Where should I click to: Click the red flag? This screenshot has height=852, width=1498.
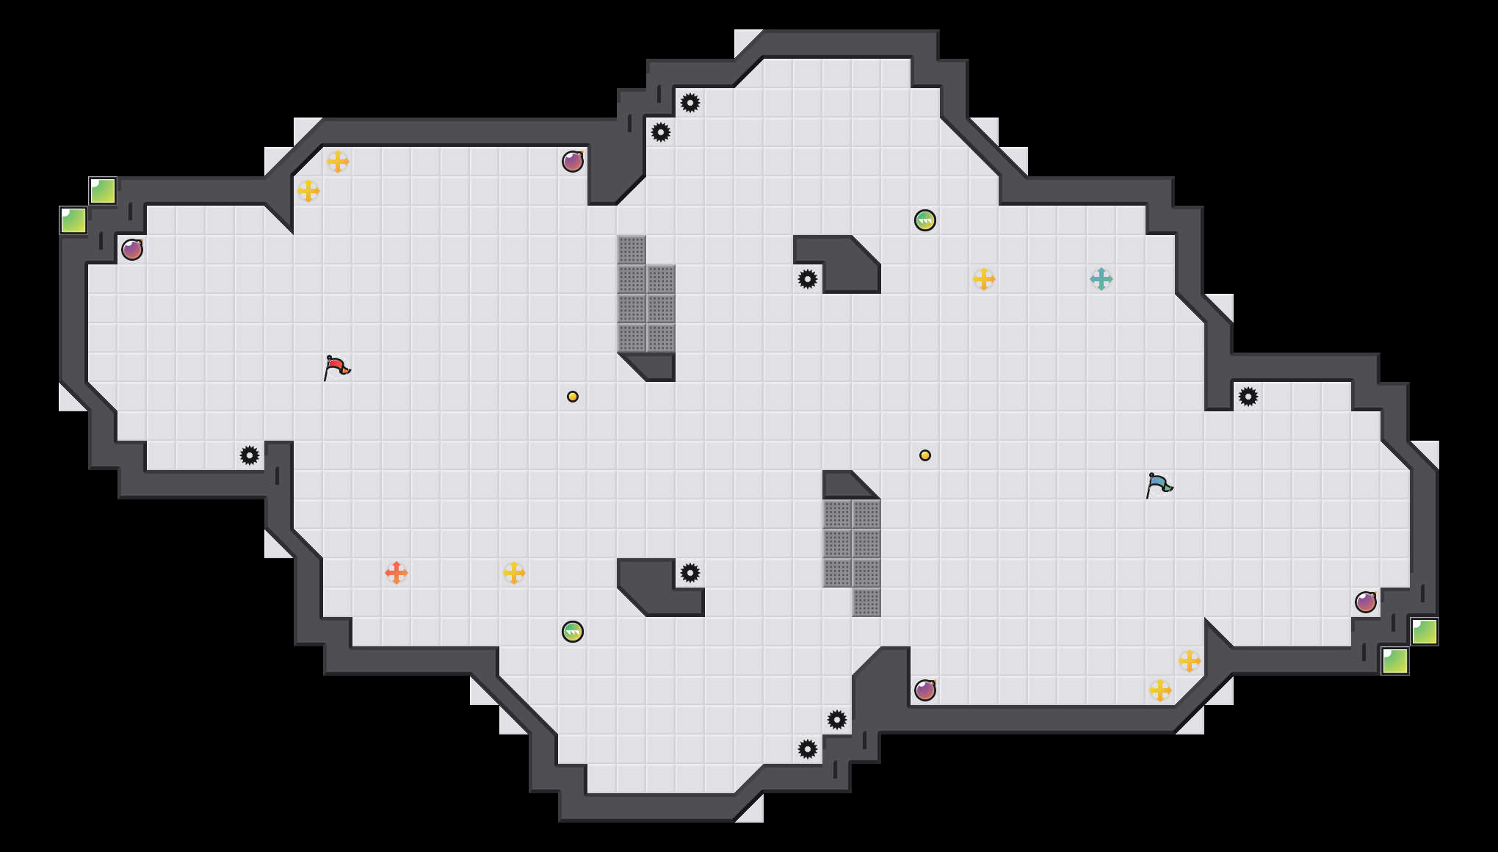point(336,367)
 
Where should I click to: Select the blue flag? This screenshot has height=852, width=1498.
point(1159,484)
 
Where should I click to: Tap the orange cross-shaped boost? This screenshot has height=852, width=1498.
point(397,573)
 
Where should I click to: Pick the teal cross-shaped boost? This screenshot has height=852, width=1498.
point(1101,279)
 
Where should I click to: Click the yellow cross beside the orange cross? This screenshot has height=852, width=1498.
point(514,573)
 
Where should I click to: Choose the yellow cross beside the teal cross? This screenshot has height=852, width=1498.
point(984,279)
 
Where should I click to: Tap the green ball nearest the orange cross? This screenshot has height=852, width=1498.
point(573,632)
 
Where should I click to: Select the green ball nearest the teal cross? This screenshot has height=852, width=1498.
point(925,220)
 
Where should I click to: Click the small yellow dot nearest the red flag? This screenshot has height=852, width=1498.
point(573,397)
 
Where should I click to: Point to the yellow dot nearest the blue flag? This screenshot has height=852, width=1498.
point(925,455)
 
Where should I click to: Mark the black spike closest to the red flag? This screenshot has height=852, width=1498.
point(250,455)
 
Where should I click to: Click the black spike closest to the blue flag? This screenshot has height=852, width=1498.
point(1248,397)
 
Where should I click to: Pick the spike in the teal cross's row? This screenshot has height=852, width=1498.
point(808,279)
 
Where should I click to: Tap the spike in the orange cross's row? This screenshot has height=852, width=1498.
point(690,573)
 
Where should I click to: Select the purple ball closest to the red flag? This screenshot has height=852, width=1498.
point(132,250)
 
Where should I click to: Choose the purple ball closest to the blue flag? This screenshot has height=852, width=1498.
point(1366,602)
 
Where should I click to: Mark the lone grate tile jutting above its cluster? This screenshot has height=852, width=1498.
point(632,250)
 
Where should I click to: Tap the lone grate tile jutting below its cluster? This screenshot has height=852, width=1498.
point(866,602)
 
